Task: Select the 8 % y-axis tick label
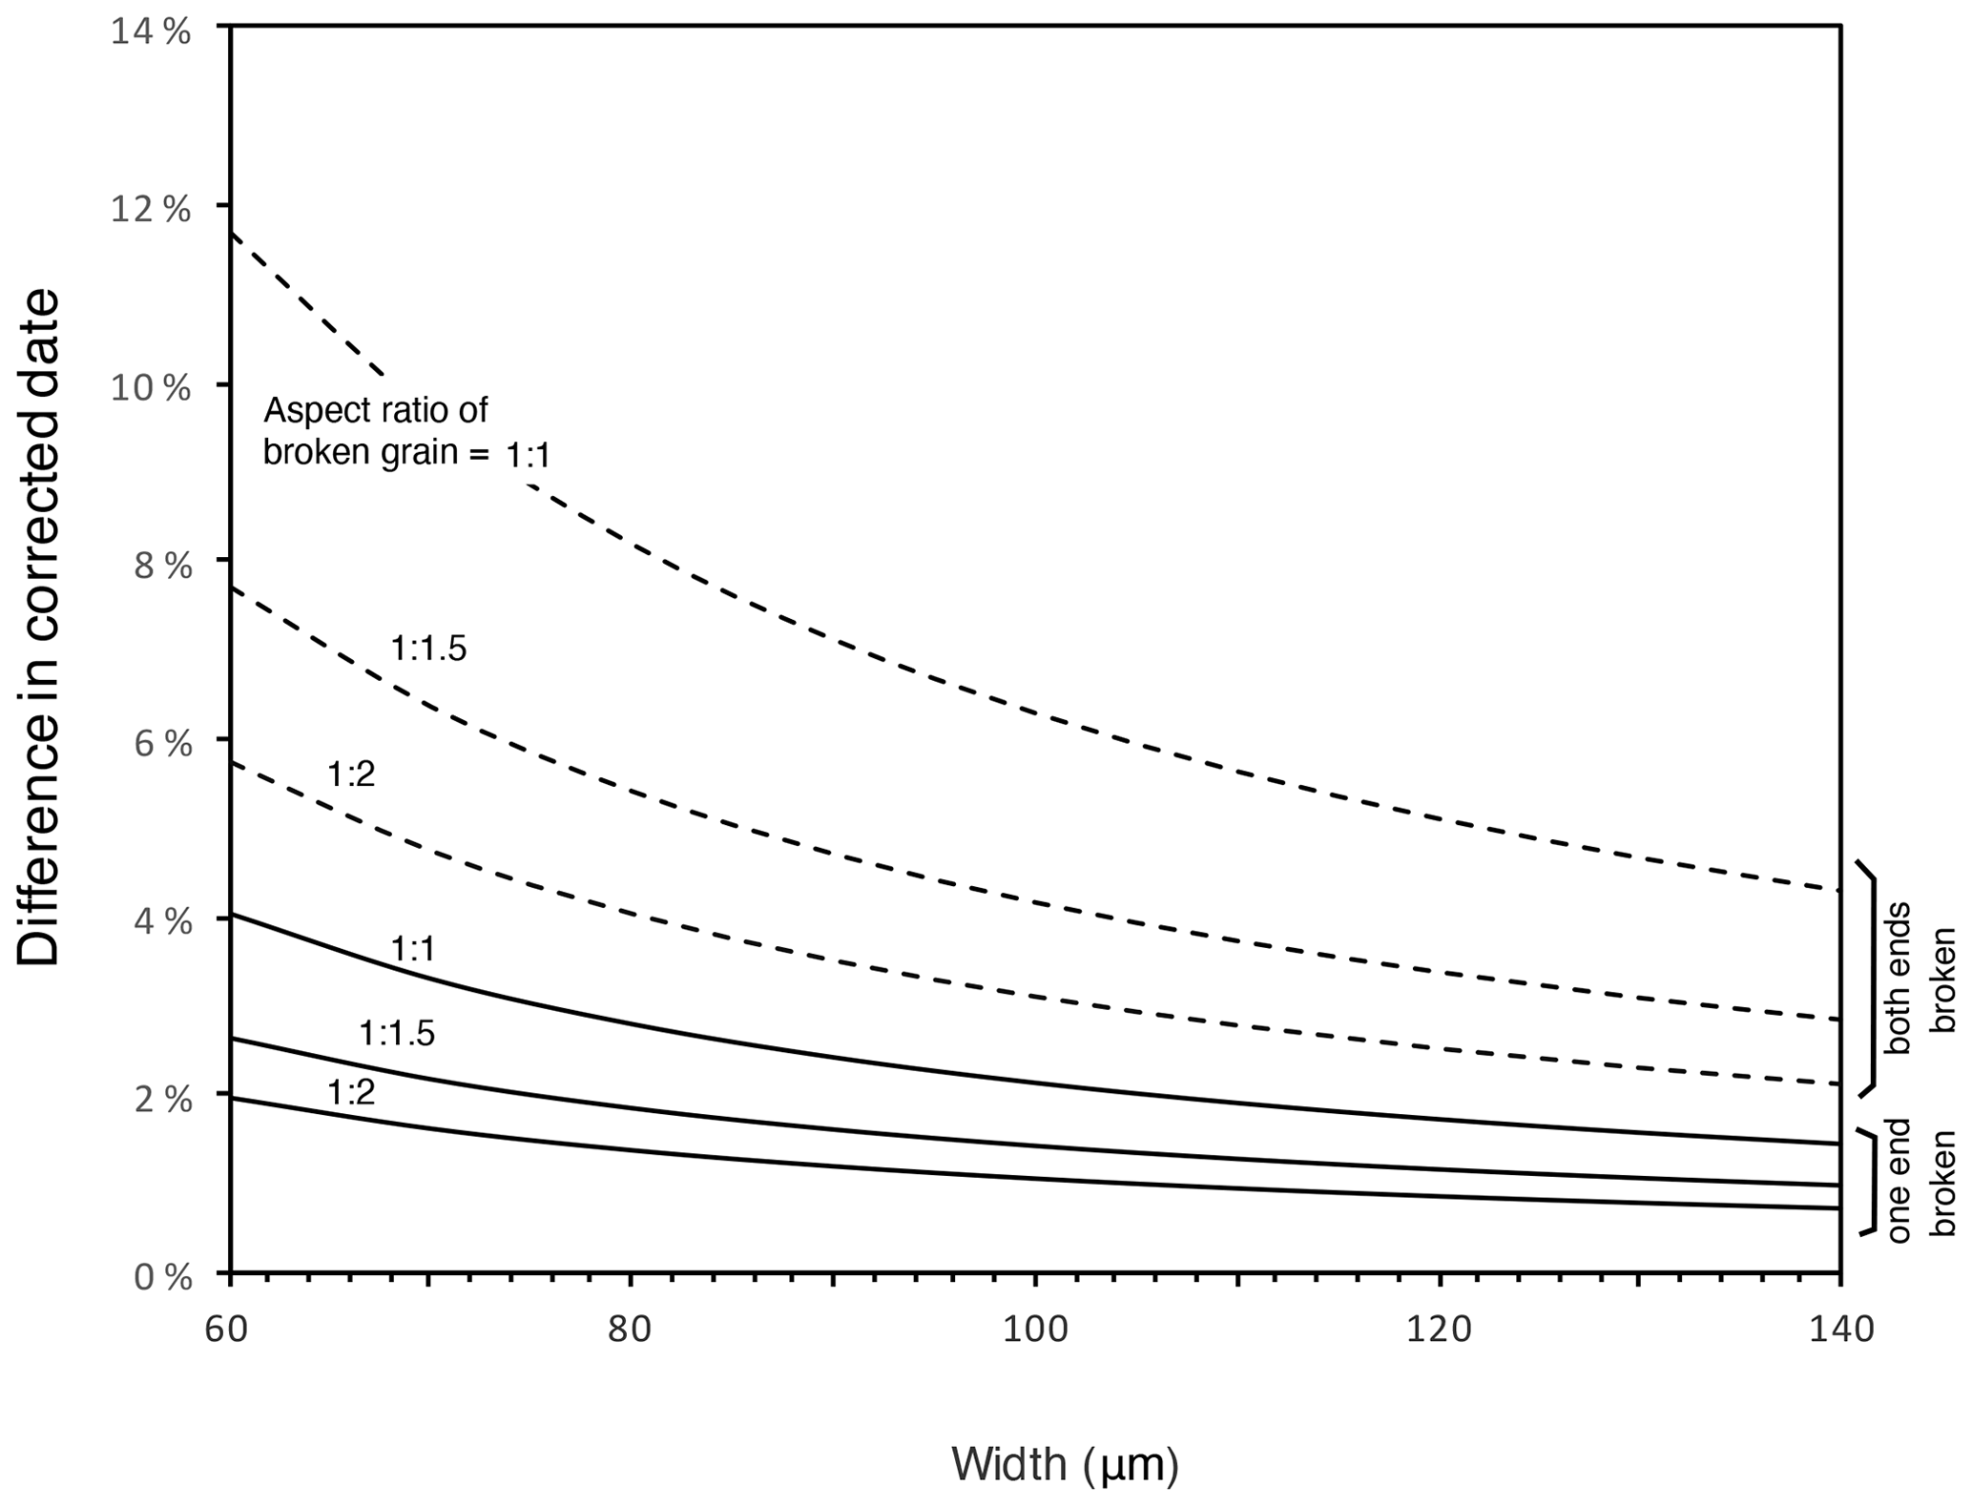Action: click(x=162, y=566)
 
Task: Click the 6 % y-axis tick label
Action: click(x=162, y=744)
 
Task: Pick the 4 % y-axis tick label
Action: click(x=162, y=922)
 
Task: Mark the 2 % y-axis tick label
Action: click(x=162, y=1100)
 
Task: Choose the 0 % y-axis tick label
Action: click(x=162, y=1277)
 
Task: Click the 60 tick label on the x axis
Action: click(x=226, y=1330)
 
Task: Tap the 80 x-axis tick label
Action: click(x=630, y=1330)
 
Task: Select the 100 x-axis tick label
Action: click(x=1035, y=1330)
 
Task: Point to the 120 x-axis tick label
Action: click(x=1440, y=1330)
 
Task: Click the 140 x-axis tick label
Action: click(x=1841, y=1330)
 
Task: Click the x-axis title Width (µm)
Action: click(x=1065, y=1464)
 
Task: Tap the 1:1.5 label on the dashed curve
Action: click(x=428, y=650)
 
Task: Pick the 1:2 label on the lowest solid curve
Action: click(x=351, y=1093)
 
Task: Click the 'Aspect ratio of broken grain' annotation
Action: click(x=376, y=431)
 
